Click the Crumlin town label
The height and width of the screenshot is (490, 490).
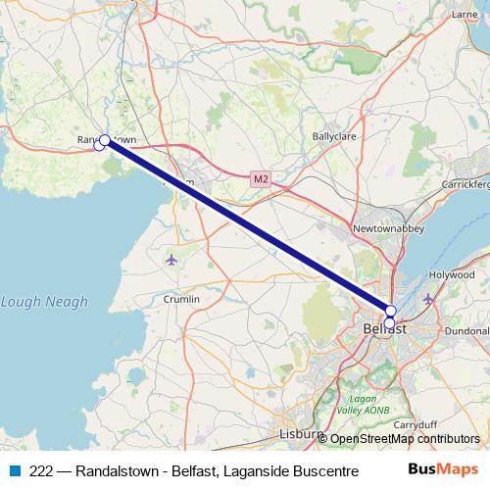(181, 299)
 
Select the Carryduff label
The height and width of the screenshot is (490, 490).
(414, 425)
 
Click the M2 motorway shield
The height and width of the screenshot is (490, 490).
(259, 179)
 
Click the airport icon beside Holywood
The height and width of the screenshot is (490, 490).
(428, 298)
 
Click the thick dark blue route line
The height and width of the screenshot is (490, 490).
(245, 224)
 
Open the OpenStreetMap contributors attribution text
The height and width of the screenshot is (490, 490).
(405, 439)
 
